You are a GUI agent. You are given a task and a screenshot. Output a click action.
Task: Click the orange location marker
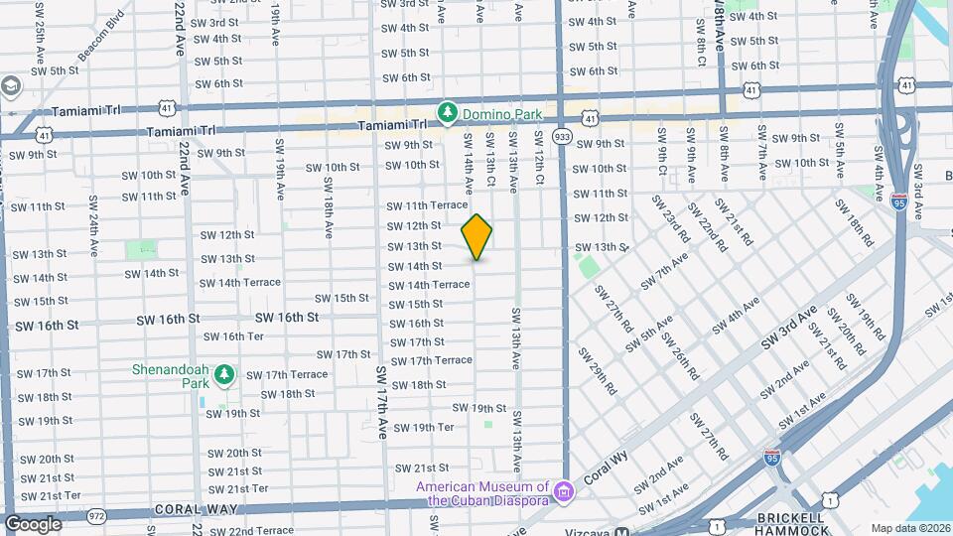477,236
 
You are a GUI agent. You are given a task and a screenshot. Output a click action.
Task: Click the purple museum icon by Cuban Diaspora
563,491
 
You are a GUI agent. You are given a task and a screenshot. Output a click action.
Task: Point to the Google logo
33,523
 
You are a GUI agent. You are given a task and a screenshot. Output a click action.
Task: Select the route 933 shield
562,136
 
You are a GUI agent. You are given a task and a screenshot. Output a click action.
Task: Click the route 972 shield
96,516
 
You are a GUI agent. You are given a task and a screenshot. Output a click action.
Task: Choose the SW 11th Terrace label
427,205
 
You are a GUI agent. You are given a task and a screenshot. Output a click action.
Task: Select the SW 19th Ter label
424,428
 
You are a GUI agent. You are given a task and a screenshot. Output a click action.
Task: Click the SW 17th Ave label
381,402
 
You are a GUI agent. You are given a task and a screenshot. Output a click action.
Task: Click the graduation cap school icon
12,87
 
